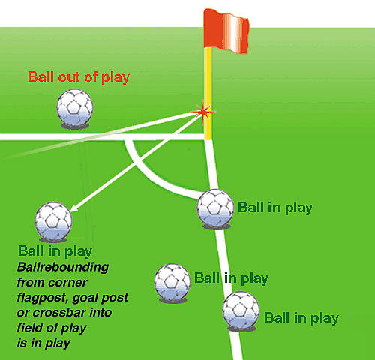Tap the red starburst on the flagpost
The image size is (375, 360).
202,111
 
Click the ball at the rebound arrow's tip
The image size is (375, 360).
53,220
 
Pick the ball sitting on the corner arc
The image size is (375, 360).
215,207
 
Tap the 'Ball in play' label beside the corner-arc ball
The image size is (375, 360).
274,207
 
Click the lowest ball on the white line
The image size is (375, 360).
241,310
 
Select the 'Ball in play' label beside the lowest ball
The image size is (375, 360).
301,318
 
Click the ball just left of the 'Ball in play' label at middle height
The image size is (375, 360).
172,282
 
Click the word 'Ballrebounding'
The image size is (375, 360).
63,267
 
